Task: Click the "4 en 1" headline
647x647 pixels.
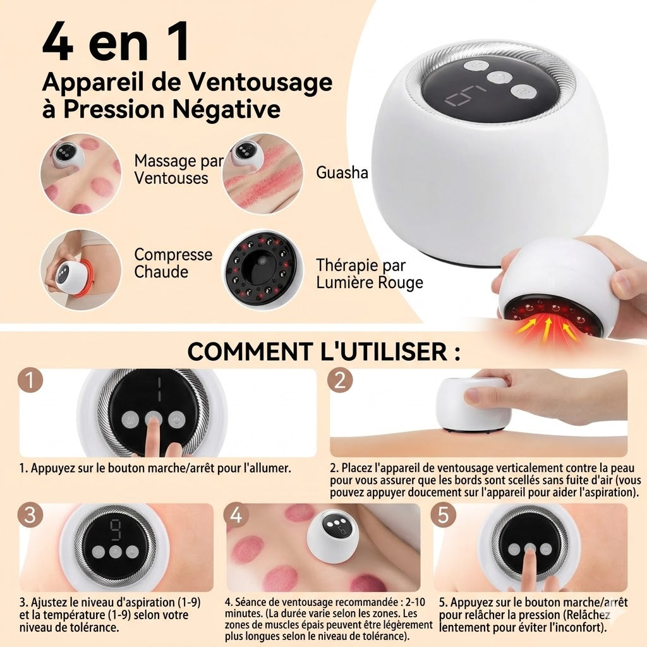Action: pos(116,42)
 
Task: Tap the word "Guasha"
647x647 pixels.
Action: pos(342,172)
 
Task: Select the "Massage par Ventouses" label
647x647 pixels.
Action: pos(179,169)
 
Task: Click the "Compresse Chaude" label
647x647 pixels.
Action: pos(173,263)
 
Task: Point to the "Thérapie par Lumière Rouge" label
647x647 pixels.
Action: pos(370,274)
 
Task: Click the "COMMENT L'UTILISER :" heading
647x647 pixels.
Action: pos(323,351)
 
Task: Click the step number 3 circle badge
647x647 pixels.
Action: pos(30,515)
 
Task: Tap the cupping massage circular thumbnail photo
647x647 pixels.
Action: pos(80,172)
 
